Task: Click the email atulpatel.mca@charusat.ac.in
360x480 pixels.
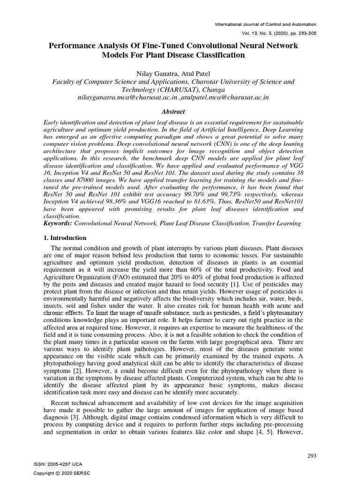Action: coord(223,97)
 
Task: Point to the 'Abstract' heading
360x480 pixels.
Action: coord(173,112)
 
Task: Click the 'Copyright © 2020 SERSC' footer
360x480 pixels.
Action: coord(60,473)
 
